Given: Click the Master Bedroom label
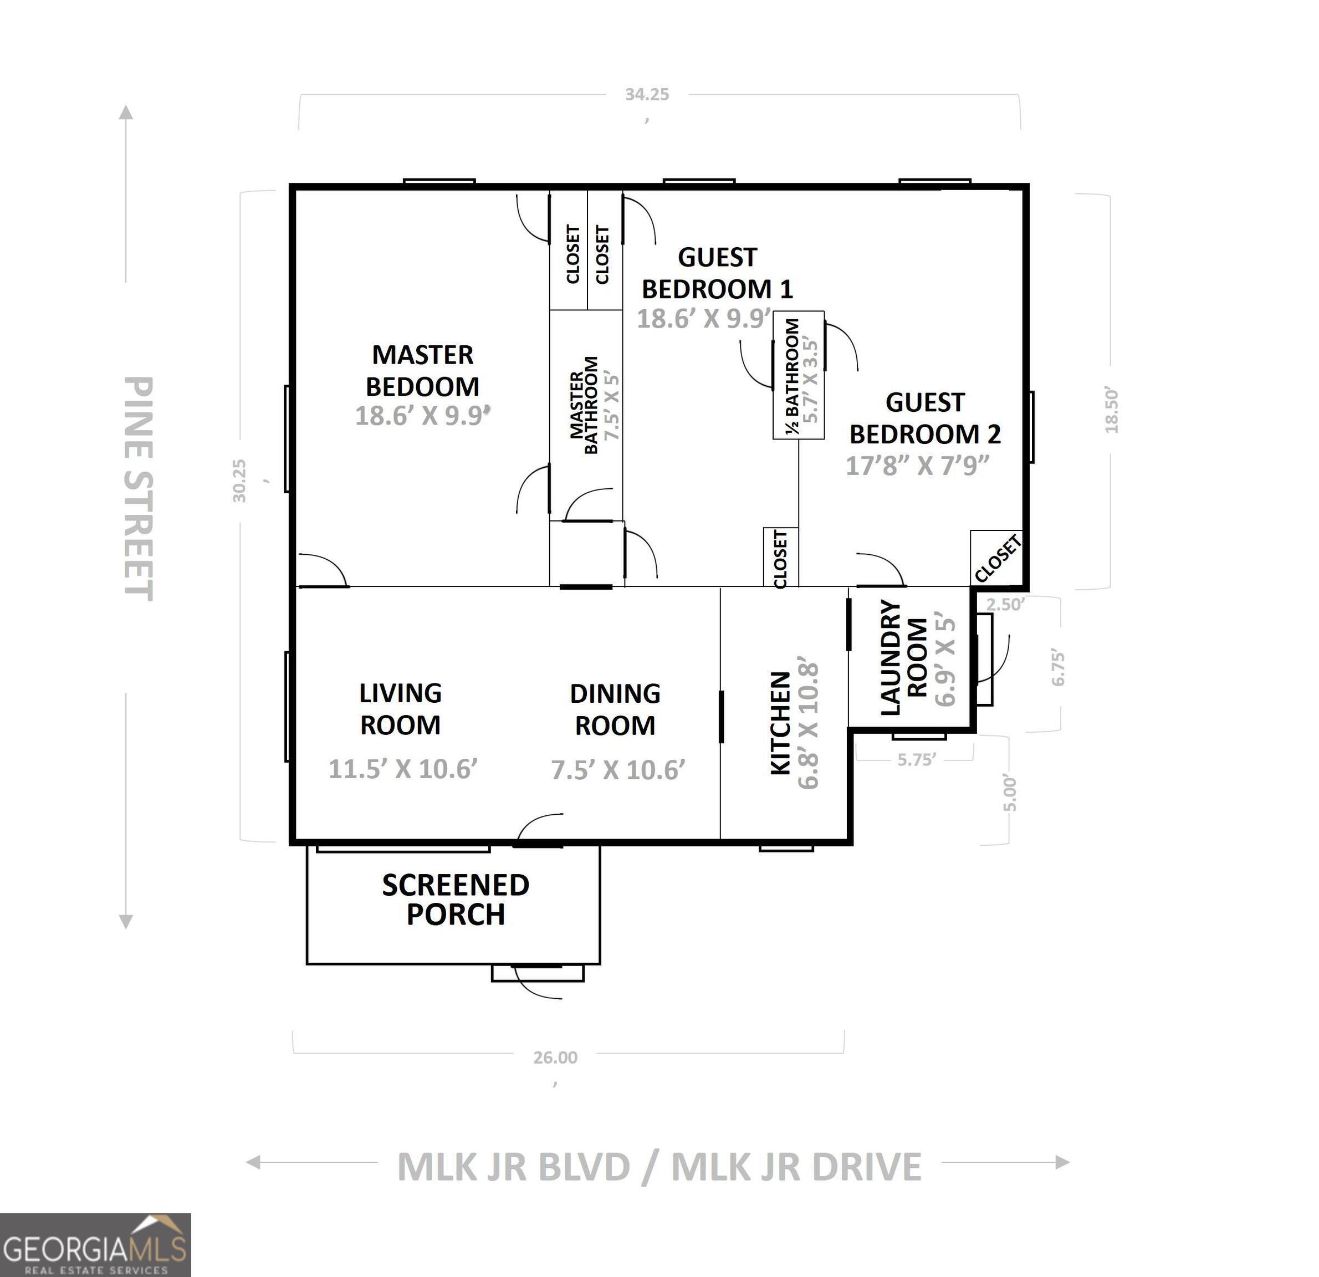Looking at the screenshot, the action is point(423,370).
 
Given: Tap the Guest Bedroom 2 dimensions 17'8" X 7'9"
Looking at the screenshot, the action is point(917,466).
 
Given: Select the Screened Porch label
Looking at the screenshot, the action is point(456,900).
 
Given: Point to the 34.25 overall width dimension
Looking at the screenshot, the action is point(647,94).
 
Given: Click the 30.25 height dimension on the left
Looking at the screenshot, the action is point(239,481).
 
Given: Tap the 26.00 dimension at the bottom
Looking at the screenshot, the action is point(555,1058).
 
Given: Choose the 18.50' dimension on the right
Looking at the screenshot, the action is point(1111,410).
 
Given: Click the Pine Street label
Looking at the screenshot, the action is point(139,488).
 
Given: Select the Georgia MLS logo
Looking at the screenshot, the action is point(95,1245).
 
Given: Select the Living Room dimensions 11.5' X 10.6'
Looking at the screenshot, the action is point(403,769).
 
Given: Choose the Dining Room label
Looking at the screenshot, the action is point(615,709).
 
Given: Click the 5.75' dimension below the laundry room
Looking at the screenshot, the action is point(917,759).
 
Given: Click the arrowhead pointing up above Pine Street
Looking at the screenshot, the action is point(126,112).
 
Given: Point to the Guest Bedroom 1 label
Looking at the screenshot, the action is point(717,273).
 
